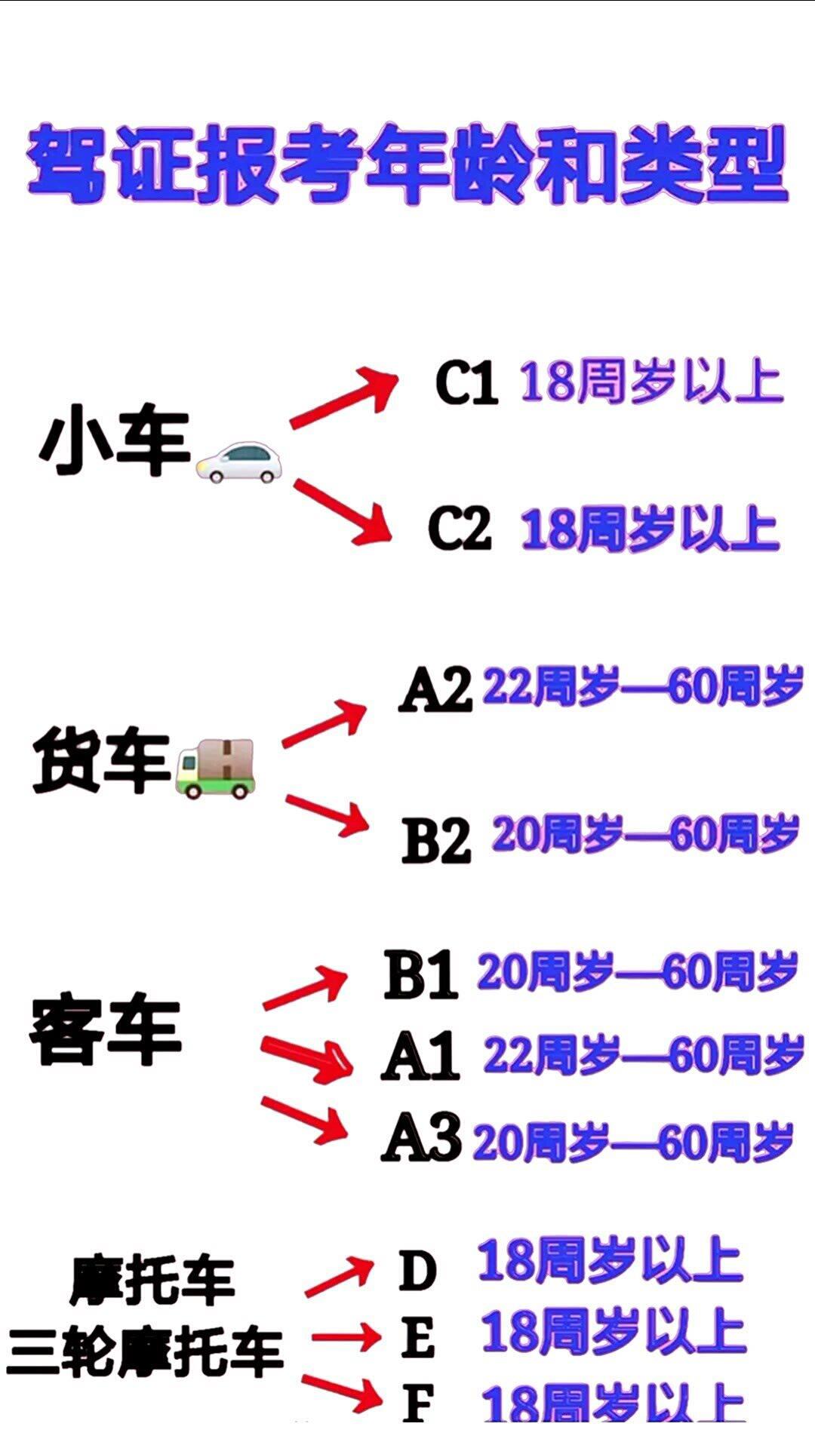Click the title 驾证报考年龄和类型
(407, 164)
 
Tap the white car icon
(238, 462)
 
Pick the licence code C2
(460, 527)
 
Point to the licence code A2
(436, 689)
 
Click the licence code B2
(436, 840)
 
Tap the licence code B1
(420, 974)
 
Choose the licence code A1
(420, 1056)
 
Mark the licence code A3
(420, 1137)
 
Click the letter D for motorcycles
(417, 1270)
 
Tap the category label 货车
(102, 760)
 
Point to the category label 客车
(106, 1032)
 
